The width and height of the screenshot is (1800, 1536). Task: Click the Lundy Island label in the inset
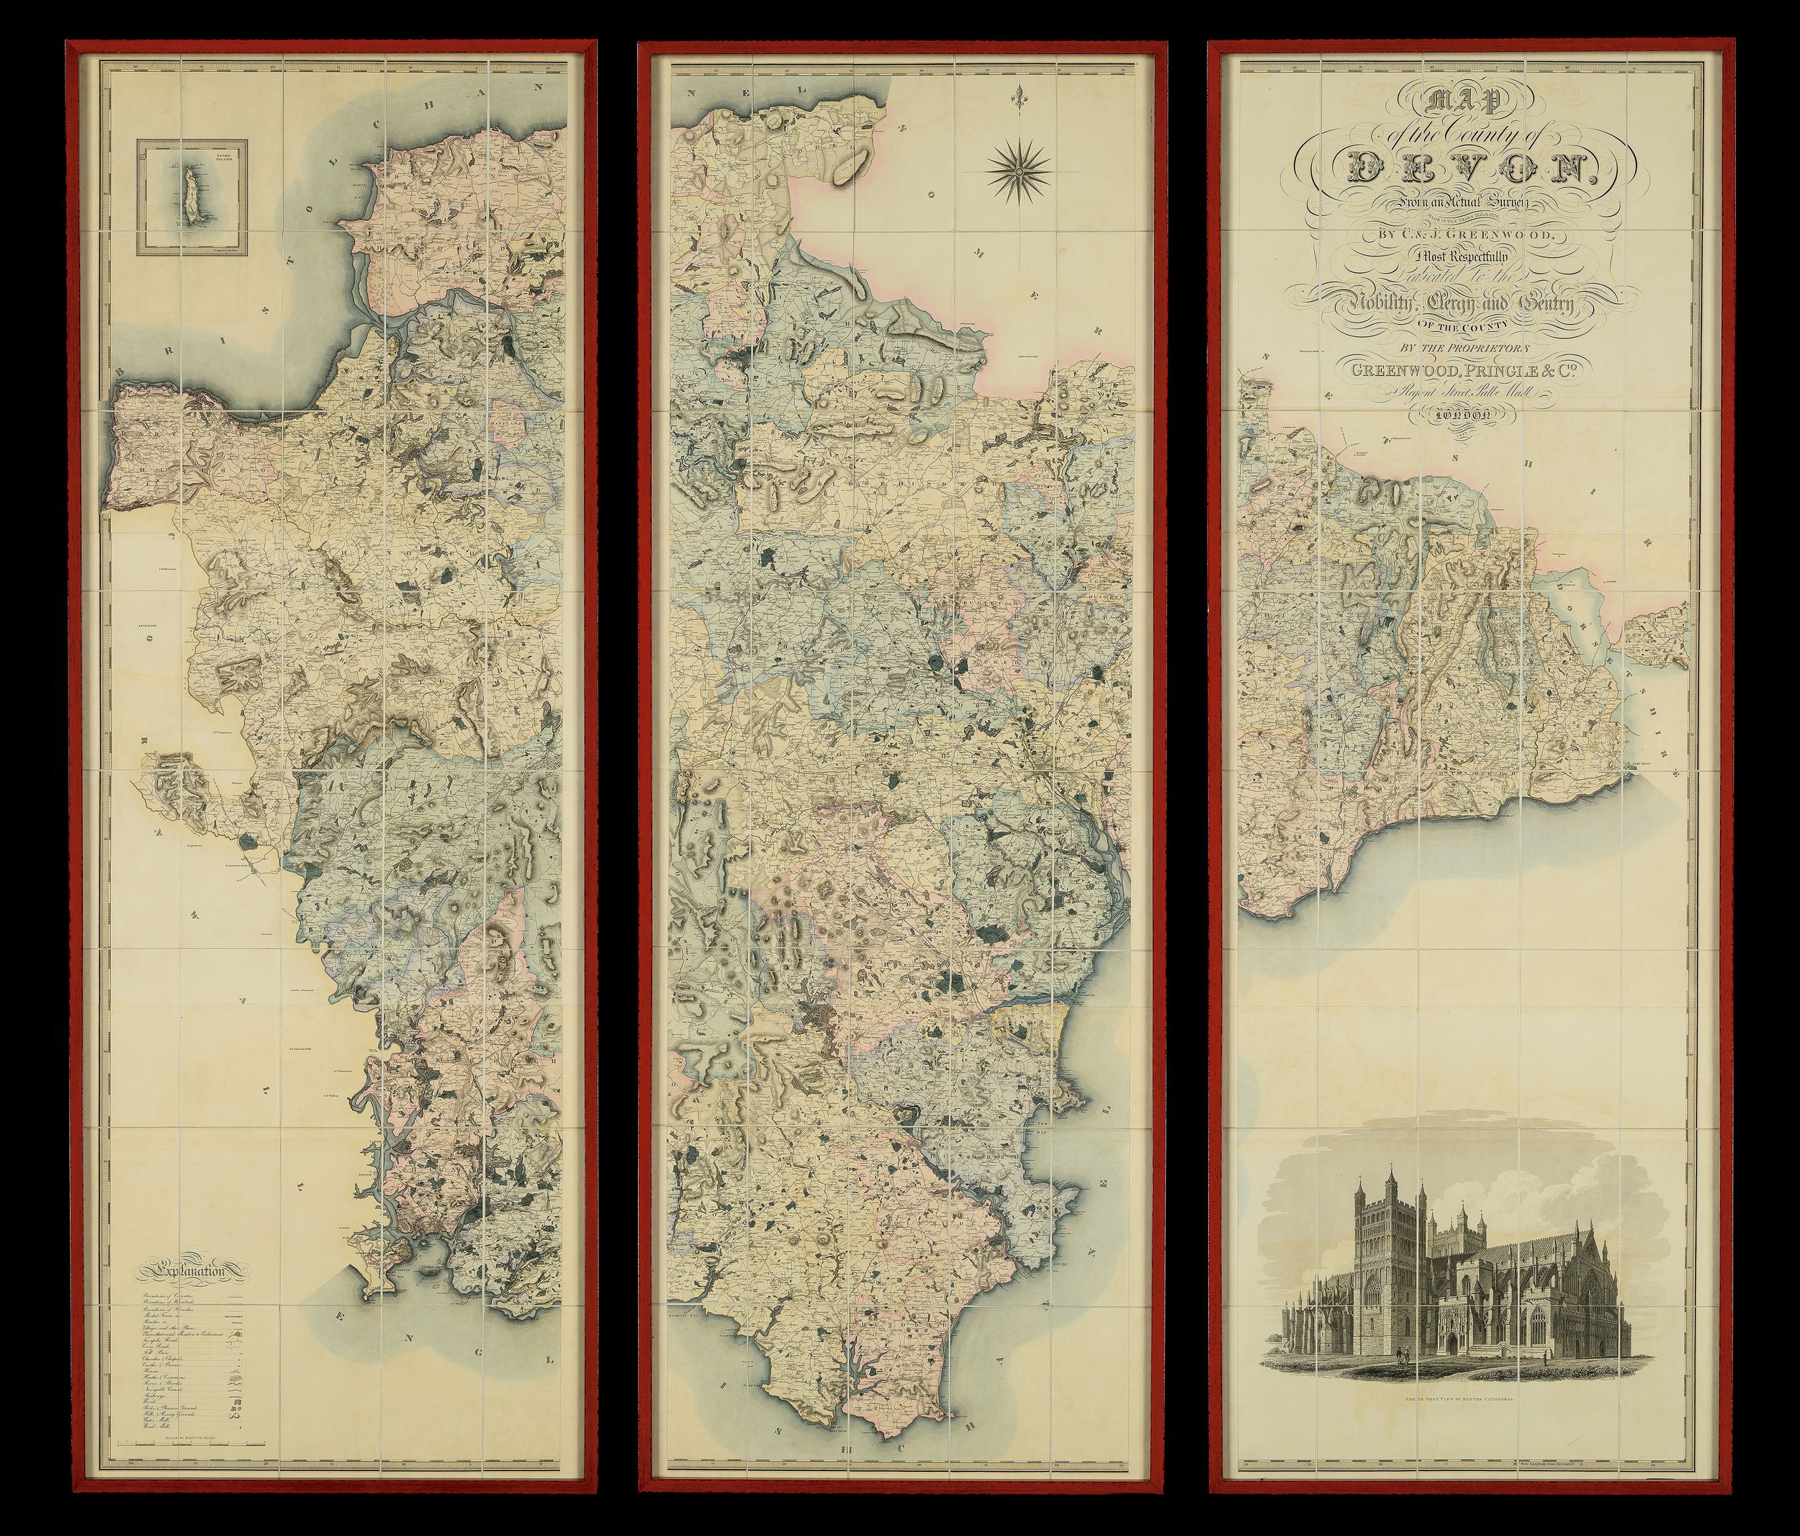pyautogui.click(x=223, y=161)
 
